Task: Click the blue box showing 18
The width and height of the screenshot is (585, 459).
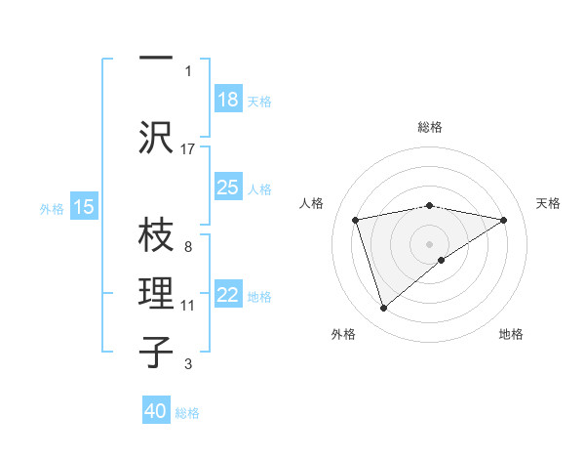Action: (228, 100)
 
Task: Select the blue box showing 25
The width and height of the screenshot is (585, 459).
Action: (228, 188)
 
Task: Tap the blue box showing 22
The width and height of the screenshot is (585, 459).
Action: (228, 296)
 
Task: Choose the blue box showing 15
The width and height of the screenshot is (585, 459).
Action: (84, 207)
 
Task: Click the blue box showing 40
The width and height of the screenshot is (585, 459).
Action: (156, 412)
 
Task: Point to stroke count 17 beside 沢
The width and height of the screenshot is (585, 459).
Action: (188, 148)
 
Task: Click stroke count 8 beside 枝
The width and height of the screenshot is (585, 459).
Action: (187, 246)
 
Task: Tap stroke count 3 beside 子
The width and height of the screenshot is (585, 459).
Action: (187, 364)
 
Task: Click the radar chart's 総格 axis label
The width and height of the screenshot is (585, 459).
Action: (429, 127)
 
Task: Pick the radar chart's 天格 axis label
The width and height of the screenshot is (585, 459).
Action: (548, 203)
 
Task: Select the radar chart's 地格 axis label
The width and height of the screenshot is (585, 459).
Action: (511, 334)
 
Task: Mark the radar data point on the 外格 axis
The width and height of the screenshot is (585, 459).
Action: (383, 309)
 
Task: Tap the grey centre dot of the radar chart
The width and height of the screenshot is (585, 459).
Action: (429, 243)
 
